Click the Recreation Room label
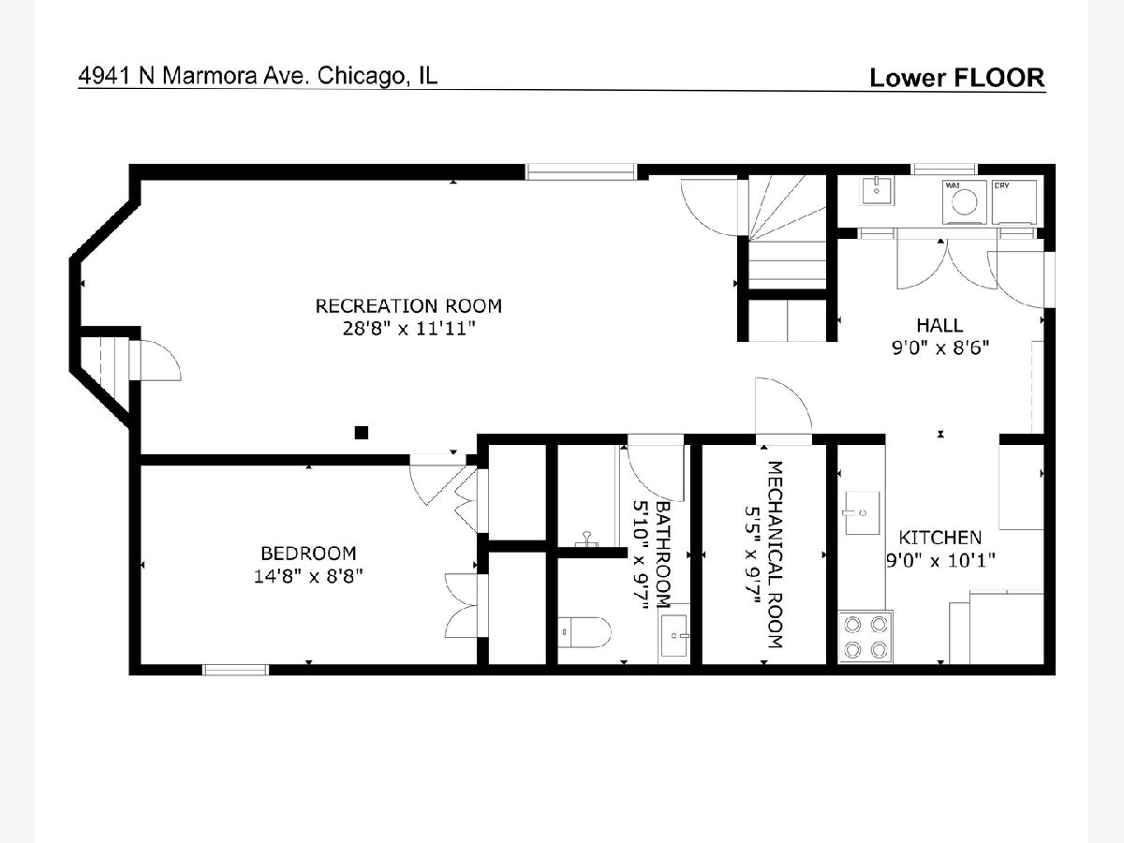[x=408, y=306]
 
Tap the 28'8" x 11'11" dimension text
[x=408, y=329]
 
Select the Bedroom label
[x=308, y=554]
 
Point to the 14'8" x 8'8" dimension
[x=308, y=577]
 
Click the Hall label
[x=939, y=326]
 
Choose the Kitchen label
[x=940, y=538]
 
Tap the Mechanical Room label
[x=776, y=555]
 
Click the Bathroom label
[x=663, y=555]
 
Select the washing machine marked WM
[x=964, y=202]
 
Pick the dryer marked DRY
[x=1014, y=202]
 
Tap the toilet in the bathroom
[x=584, y=632]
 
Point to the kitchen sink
[x=863, y=513]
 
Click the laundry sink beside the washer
[x=877, y=191]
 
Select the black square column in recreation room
[x=362, y=433]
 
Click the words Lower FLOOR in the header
[x=957, y=78]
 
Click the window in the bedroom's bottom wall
[x=235, y=670]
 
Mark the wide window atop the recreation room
[x=582, y=171]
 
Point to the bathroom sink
[x=673, y=635]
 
